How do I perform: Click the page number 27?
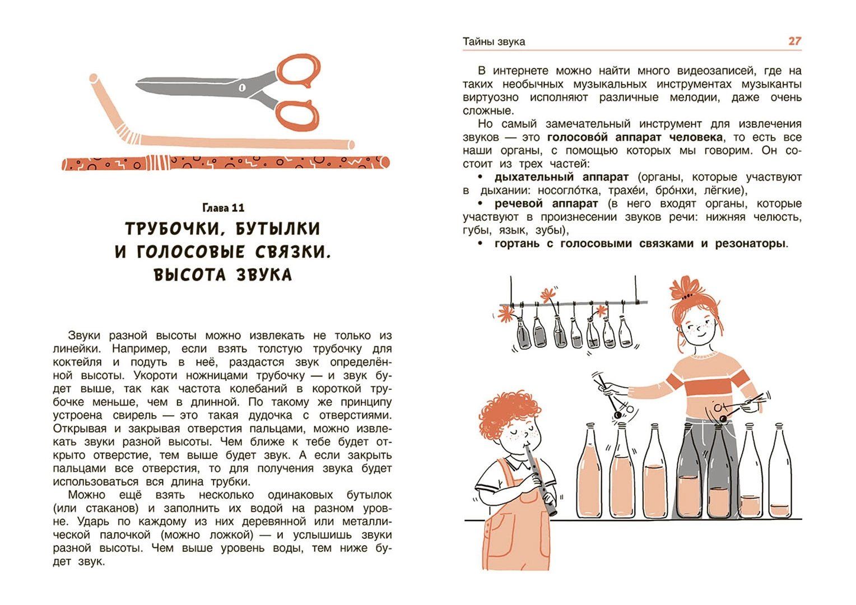pos(795,41)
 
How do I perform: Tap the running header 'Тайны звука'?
pos(494,41)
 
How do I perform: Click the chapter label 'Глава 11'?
pos(223,208)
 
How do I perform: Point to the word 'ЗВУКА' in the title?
pos(264,275)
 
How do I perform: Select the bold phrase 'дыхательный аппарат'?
pos(561,178)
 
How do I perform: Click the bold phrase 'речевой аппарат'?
pos(546,204)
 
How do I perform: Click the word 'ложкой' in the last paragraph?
pos(231,535)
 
